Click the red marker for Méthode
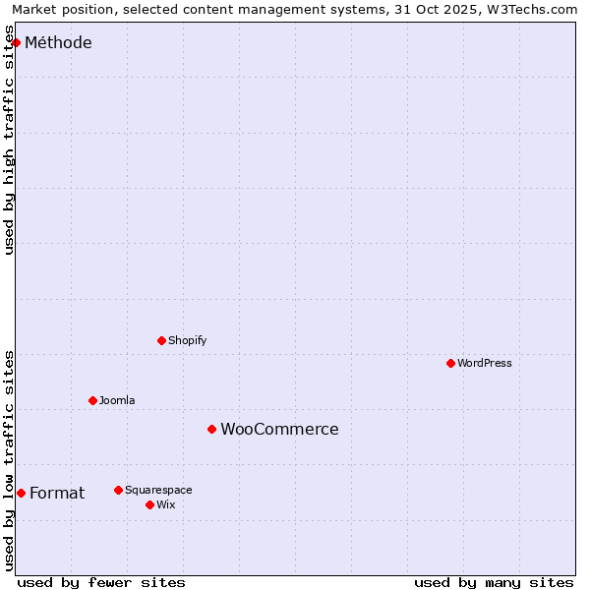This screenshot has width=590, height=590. (x=16, y=42)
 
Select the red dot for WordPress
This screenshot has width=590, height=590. (x=450, y=363)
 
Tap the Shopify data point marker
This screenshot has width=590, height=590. (x=161, y=340)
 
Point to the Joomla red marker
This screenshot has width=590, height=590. (x=92, y=400)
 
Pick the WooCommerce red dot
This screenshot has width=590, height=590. (x=211, y=429)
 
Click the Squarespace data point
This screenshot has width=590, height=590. (x=118, y=490)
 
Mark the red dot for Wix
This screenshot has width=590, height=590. (x=149, y=504)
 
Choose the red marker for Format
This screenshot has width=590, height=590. (x=21, y=493)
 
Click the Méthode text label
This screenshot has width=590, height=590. (x=58, y=42)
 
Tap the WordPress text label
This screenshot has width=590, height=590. (x=485, y=363)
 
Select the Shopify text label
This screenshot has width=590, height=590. (x=187, y=340)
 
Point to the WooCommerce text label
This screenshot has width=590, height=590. (x=279, y=429)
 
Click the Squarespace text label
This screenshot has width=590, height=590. (x=158, y=490)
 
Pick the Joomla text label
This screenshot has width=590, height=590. (x=117, y=400)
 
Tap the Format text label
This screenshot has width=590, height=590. (x=57, y=493)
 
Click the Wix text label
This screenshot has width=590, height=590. (x=165, y=504)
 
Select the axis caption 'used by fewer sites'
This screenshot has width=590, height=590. (x=101, y=582)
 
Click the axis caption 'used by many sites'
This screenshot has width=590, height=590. (x=494, y=582)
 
